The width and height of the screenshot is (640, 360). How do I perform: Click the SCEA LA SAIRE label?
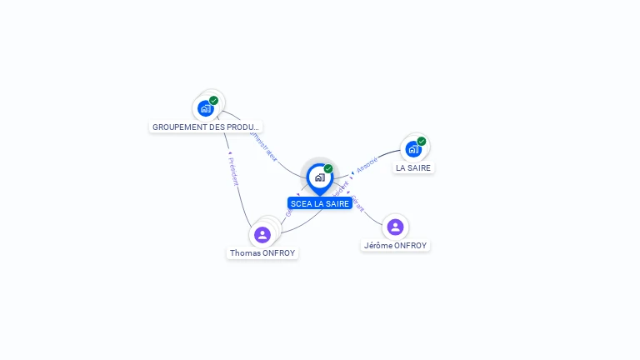[320, 203]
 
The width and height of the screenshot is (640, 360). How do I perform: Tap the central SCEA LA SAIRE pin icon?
[319, 177]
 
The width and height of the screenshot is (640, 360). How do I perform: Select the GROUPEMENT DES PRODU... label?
[206, 127]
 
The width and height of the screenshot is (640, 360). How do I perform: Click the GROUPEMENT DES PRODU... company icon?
[206, 108]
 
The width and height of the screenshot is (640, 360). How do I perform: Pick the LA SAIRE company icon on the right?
[413, 150]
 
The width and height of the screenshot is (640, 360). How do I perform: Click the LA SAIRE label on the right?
[414, 167]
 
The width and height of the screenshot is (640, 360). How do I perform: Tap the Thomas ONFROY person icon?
[262, 235]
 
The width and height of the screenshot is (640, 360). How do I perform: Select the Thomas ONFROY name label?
[262, 252]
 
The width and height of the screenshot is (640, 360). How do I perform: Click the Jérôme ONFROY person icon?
[395, 227]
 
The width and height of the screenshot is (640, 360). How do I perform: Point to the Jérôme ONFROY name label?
[396, 245]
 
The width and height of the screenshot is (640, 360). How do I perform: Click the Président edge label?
[232, 171]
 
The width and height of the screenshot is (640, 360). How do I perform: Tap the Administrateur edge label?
[263, 144]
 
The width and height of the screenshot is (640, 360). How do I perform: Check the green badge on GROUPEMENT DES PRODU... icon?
[214, 100]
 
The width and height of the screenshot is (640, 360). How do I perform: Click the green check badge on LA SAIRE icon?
[422, 142]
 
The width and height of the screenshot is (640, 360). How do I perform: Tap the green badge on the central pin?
[328, 168]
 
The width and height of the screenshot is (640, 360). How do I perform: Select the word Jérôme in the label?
[379, 245]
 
